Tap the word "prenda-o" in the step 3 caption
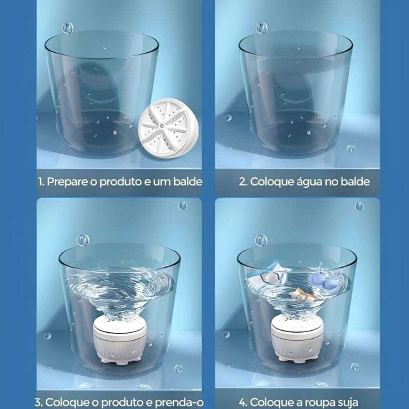point(179,402)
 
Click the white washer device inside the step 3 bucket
point(119,340)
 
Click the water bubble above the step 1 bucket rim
point(68,28)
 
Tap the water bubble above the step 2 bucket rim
point(261,28)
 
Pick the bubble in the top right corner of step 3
point(183,206)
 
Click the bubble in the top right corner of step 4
point(359,206)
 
